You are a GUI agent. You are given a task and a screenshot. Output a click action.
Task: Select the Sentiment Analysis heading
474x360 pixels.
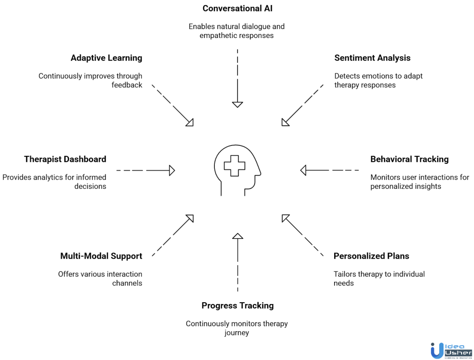(372, 58)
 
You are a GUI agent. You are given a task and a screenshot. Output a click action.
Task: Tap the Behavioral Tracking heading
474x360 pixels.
(409, 159)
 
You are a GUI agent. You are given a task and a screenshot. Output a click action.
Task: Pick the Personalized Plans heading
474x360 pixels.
(371, 256)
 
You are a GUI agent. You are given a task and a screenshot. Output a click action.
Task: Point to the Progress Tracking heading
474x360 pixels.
(237, 305)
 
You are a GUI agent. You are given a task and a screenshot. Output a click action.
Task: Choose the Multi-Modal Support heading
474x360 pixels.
(101, 256)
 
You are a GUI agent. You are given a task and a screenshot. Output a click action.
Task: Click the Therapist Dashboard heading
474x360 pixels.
(65, 159)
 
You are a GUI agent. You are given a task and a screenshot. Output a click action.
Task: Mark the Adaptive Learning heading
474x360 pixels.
(106, 58)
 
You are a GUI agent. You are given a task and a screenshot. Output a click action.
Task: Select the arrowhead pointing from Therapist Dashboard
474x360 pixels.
(172, 171)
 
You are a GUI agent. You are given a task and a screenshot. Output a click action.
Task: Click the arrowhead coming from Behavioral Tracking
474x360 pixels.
(304, 171)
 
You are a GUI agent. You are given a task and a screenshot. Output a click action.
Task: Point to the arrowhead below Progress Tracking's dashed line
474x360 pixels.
(237, 236)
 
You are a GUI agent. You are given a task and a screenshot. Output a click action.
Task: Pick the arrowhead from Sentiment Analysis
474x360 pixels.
(285, 122)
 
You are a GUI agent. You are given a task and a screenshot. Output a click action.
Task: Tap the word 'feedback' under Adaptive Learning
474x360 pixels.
(126, 85)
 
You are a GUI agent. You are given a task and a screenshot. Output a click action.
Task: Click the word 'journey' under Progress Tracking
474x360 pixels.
(237, 333)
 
